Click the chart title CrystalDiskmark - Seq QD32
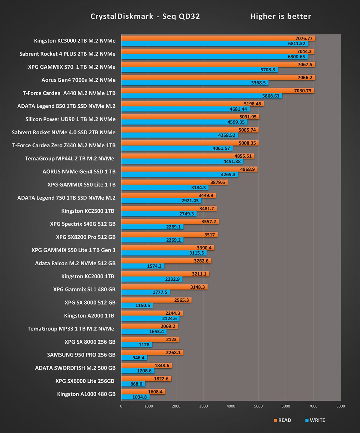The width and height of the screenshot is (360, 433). pyautogui.click(x=145, y=16)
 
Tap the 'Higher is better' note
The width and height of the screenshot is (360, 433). pyautogui.click(x=280, y=16)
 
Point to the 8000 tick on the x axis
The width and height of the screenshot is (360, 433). pyautogui.click(x=340, y=406)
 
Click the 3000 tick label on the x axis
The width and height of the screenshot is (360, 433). pyautogui.click(x=203, y=406)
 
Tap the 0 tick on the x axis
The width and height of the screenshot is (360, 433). pyautogui.click(x=121, y=406)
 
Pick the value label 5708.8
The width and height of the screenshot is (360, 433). pyautogui.click(x=268, y=70)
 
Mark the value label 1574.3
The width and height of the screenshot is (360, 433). pyautogui.click(x=154, y=266)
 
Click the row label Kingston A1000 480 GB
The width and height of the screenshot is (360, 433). pyautogui.click(x=86, y=394)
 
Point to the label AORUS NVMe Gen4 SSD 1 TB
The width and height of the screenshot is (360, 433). pyautogui.click(x=79, y=172)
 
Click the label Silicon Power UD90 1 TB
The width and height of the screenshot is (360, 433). pyautogui.click(x=70, y=119)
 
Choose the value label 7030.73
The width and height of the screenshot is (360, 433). pyautogui.click(x=302, y=91)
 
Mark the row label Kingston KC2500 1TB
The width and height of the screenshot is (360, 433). pyautogui.click(x=88, y=211)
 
